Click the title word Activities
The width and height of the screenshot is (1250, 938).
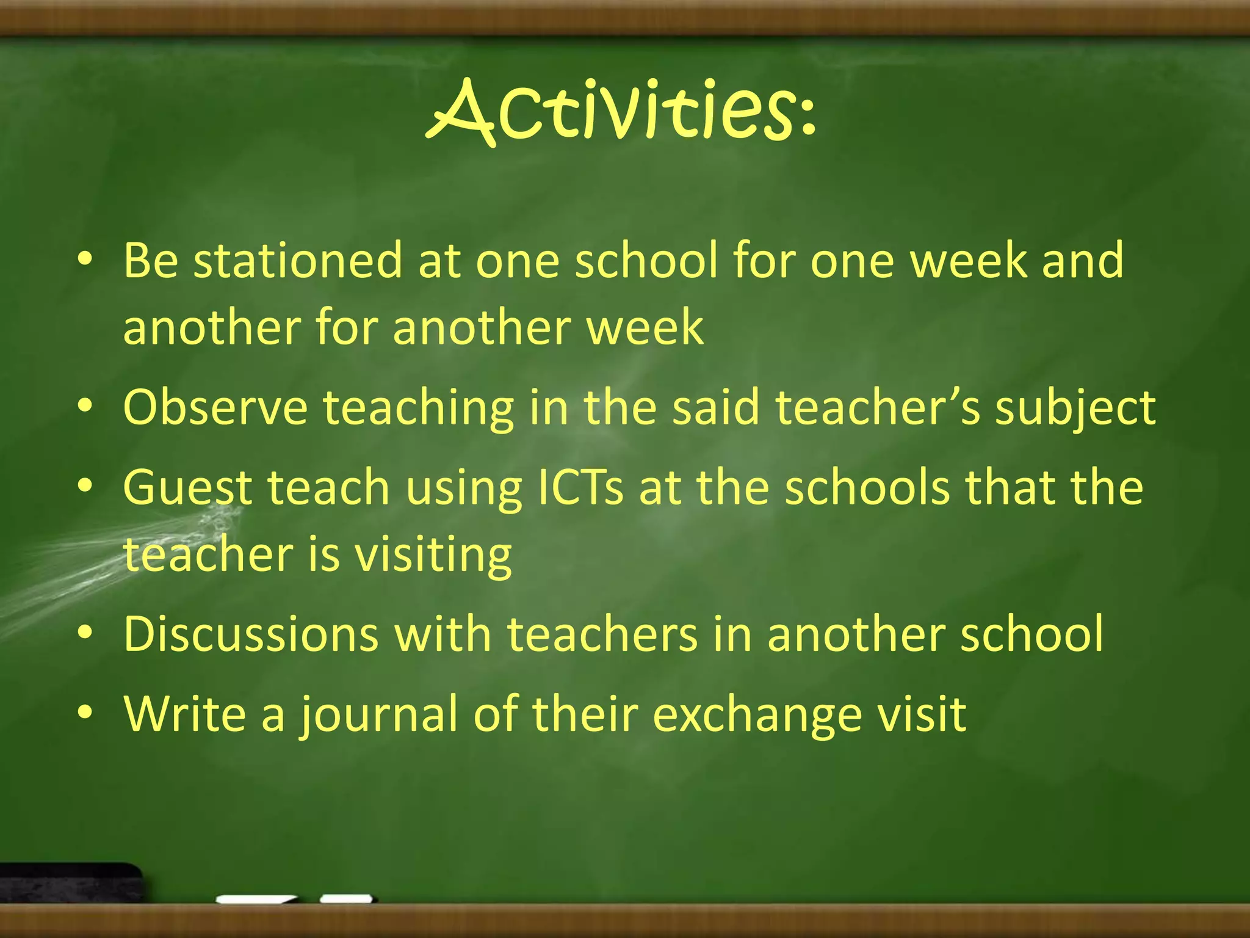[x=610, y=113]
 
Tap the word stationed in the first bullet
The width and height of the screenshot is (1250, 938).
[x=297, y=261]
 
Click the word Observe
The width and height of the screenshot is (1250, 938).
[x=215, y=407]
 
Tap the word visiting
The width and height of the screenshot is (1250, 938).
[x=433, y=556]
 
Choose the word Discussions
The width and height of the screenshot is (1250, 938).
[x=251, y=634]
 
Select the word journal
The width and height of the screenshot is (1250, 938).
[x=378, y=714]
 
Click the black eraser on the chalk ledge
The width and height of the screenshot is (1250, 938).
[x=70, y=882]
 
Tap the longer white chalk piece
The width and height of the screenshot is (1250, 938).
[x=256, y=899]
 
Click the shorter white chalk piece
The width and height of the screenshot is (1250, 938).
[x=347, y=898]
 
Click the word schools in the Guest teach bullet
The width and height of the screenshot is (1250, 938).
[x=867, y=488]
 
